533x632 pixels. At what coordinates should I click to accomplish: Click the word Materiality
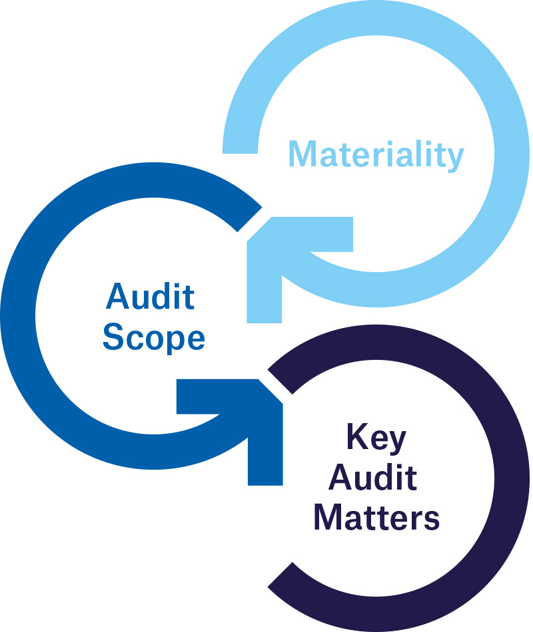[375, 154]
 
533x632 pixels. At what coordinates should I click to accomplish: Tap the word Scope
[154, 337]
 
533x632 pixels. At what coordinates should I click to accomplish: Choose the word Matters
[376, 517]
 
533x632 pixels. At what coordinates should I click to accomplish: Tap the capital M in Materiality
[301, 154]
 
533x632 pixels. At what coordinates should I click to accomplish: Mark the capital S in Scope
[113, 337]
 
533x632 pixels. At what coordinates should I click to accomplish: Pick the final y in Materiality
[454, 158]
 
